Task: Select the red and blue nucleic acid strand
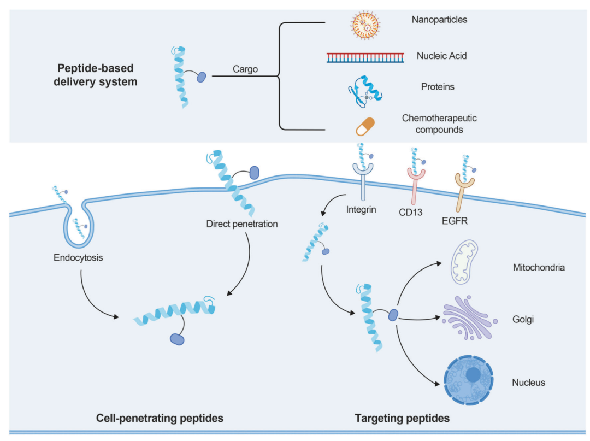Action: tap(365, 57)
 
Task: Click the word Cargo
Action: tap(245, 69)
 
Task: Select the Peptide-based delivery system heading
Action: tap(97, 75)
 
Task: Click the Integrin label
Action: tap(361, 209)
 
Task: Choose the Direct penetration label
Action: tap(242, 224)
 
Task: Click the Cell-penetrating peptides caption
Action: tap(160, 419)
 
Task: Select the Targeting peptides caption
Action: tap(402, 419)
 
